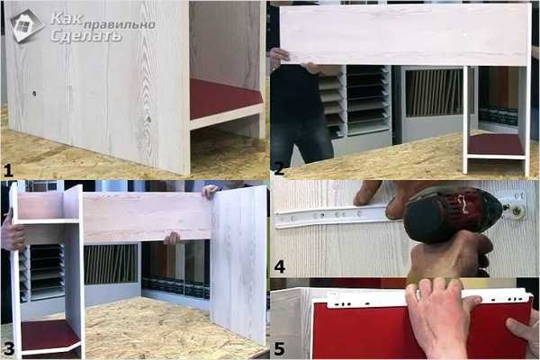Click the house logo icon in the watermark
pyautogui.click(x=27, y=26)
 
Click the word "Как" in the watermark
pyautogui.click(x=67, y=20)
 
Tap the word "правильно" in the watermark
pyautogui.click(x=120, y=25)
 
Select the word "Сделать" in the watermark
pyautogui.click(x=86, y=36)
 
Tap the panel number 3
pyautogui.click(x=8, y=348)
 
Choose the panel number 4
pyautogui.click(x=279, y=266)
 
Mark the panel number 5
pyautogui.click(x=279, y=348)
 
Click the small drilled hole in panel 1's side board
pyautogui.click(x=34, y=94)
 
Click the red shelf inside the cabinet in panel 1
pyautogui.click(x=224, y=100)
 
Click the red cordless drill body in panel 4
pyautogui.click(x=451, y=214)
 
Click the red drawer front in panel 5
pyautogui.click(x=362, y=330)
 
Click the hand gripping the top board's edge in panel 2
pyautogui.click(x=280, y=55)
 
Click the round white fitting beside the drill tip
pyautogui.click(x=516, y=211)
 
